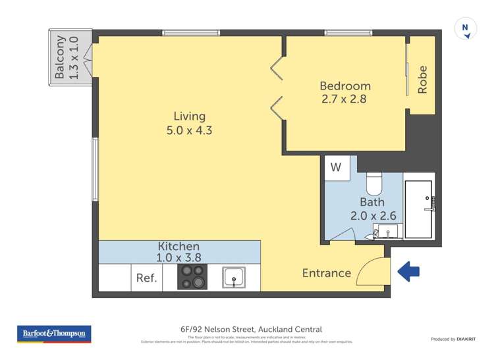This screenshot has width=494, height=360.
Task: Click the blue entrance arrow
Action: point(409,270)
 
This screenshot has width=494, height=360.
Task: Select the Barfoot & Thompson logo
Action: point(54,334)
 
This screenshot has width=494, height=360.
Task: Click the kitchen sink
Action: point(234,278)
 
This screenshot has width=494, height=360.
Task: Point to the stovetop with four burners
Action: point(192,277)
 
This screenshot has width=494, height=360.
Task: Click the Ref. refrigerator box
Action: point(146,278)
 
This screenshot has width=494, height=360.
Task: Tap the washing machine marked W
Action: point(336,167)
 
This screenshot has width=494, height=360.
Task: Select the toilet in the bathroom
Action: point(374,180)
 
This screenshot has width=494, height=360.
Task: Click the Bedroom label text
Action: point(345,86)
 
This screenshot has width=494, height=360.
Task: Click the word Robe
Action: point(423,80)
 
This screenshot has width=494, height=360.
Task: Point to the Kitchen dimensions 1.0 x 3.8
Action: point(179,259)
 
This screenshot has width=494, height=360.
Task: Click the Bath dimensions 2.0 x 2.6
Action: point(372,215)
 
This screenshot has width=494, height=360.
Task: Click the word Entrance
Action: point(326,273)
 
